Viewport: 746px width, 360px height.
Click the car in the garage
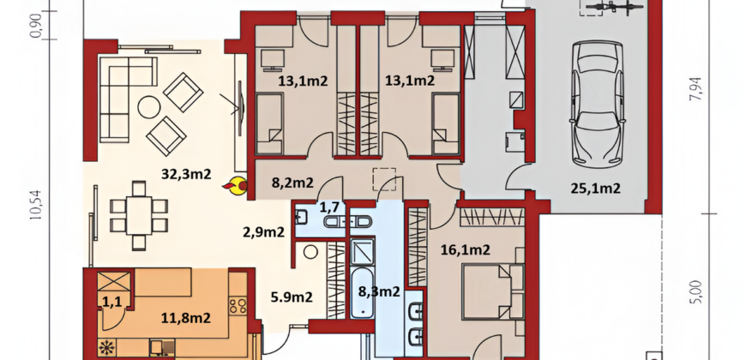[x=598, y=105]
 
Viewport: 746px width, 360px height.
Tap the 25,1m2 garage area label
[x=595, y=189]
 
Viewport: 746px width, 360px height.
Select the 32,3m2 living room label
[x=186, y=174]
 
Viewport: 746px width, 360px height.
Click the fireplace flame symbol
[x=235, y=186]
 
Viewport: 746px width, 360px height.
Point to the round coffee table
[x=148, y=107]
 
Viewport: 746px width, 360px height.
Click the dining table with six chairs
[x=139, y=215]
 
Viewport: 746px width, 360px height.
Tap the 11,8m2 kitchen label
[x=186, y=318]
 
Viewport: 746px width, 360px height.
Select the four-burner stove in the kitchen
[x=238, y=306]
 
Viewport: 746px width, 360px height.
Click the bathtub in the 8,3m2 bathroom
[x=364, y=293]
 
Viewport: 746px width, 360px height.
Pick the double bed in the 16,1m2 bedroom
[x=492, y=292]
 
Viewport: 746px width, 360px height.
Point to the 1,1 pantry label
[x=111, y=301]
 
